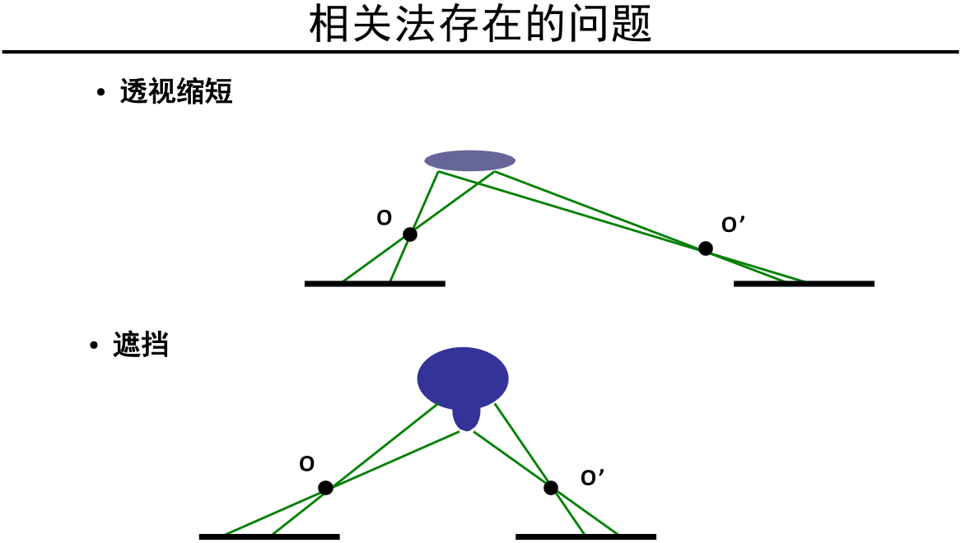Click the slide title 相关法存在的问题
click(x=480, y=25)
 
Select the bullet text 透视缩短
click(x=176, y=91)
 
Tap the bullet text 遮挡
click(x=141, y=345)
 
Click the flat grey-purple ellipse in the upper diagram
click(x=469, y=160)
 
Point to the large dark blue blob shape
click(x=463, y=377)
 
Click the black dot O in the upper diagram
click(x=410, y=234)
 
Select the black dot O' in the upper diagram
click(x=706, y=248)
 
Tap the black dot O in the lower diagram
click(x=325, y=488)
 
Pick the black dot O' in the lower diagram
click(x=551, y=488)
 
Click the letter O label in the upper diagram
click(x=384, y=219)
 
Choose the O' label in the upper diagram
click(x=733, y=225)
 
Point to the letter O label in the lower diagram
click(x=306, y=465)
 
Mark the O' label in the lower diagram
click(x=592, y=478)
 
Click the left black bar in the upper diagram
click(x=375, y=284)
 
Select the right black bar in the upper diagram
click(x=804, y=284)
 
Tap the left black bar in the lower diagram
click(x=269, y=537)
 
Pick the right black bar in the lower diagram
click(x=585, y=537)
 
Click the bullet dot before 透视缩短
click(x=101, y=92)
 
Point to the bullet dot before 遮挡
click(x=94, y=346)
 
